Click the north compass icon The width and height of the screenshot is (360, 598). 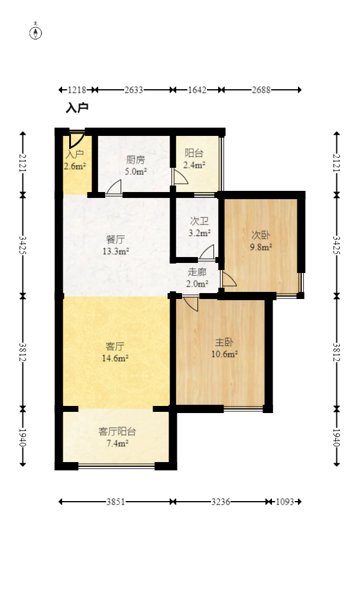(x=36, y=32)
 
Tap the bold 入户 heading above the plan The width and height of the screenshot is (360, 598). (x=77, y=108)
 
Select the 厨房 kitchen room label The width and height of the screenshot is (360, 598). (x=135, y=160)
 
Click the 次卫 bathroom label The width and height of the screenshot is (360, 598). (x=199, y=221)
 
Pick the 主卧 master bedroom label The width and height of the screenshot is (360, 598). (x=224, y=342)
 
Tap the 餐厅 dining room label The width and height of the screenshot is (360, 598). (x=115, y=240)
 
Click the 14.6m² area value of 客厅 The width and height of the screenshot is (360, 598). (x=116, y=357)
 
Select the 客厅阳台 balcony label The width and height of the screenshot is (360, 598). (x=117, y=431)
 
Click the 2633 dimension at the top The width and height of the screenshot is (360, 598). (x=134, y=90)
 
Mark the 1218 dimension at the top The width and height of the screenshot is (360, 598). (x=77, y=90)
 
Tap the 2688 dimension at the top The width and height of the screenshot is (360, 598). (x=261, y=90)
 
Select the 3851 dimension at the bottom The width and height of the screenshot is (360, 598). (x=116, y=502)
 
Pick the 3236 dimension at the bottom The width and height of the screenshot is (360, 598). (x=220, y=502)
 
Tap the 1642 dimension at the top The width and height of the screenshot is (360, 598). (x=197, y=90)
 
